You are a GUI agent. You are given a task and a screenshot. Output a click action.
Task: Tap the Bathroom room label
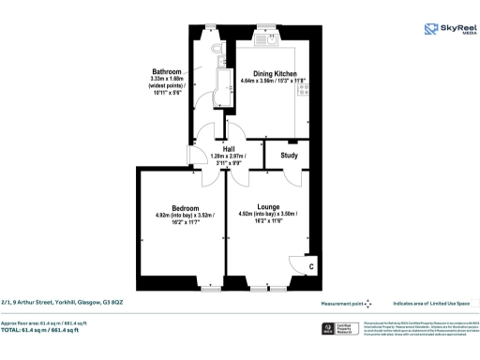point(166,72)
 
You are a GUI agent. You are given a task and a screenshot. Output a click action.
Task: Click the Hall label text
point(229,148)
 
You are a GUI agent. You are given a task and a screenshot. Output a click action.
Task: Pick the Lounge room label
point(269,206)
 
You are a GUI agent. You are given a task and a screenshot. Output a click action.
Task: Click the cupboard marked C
point(311,266)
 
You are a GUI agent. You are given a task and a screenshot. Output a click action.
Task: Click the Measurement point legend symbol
point(367,303)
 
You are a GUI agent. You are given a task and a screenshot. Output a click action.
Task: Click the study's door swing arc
point(295,178)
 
